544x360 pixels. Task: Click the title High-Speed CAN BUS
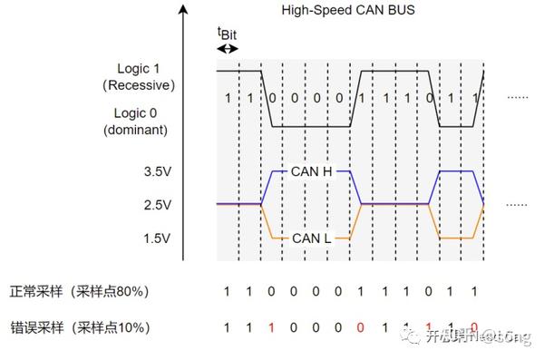click(x=348, y=11)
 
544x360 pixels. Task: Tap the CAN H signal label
click(x=312, y=170)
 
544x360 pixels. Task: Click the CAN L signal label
click(x=311, y=238)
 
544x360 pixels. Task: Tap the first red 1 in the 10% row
click(x=271, y=326)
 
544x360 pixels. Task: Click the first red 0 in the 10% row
click(x=361, y=326)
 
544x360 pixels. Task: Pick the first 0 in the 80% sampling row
click(x=271, y=292)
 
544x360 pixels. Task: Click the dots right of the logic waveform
click(x=517, y=96)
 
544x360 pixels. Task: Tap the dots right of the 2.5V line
click(x=517, y=205)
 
